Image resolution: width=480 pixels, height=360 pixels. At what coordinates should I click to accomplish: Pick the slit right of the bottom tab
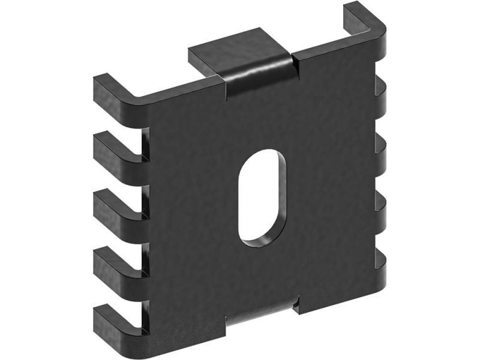point(296,307)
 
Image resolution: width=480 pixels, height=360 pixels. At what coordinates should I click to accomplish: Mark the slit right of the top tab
point(295,66)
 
